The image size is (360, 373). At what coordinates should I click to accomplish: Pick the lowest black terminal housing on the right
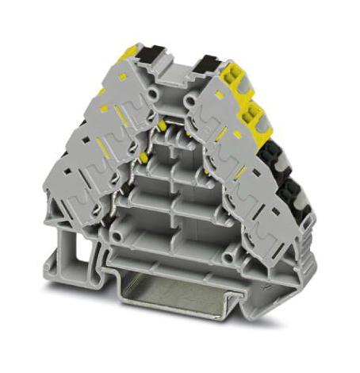click(291, 194)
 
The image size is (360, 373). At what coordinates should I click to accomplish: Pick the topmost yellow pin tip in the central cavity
click(163, 127)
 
